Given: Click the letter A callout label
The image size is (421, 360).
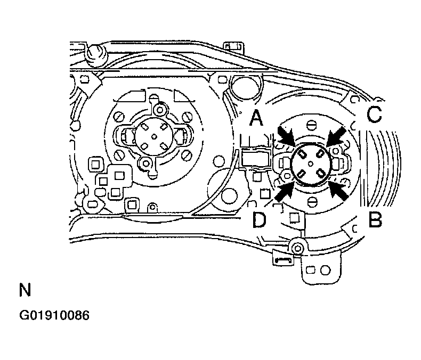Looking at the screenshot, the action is point(256,119).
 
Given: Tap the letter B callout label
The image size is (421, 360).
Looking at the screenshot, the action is point(375,219).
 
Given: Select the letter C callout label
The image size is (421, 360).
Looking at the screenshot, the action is point(374,114).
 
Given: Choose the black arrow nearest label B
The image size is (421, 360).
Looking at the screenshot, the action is point(338,190).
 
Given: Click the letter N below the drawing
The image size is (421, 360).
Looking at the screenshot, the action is point(25,290).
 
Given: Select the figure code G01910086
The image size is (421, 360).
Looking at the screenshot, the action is point(54,315).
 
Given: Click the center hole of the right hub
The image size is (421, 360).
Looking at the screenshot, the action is point(311,163).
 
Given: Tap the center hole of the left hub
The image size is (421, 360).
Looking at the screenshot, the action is point(154,137).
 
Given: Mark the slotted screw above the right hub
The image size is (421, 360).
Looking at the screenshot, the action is point(311,125).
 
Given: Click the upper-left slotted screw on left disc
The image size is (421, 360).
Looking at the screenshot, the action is point(120,117).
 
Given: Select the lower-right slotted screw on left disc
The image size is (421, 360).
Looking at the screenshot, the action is point(188,155).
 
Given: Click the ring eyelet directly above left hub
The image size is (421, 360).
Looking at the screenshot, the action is point(160,110).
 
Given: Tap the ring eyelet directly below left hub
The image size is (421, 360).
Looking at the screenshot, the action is point(147,163).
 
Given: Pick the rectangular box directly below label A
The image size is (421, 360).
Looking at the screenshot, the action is point(256,159).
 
